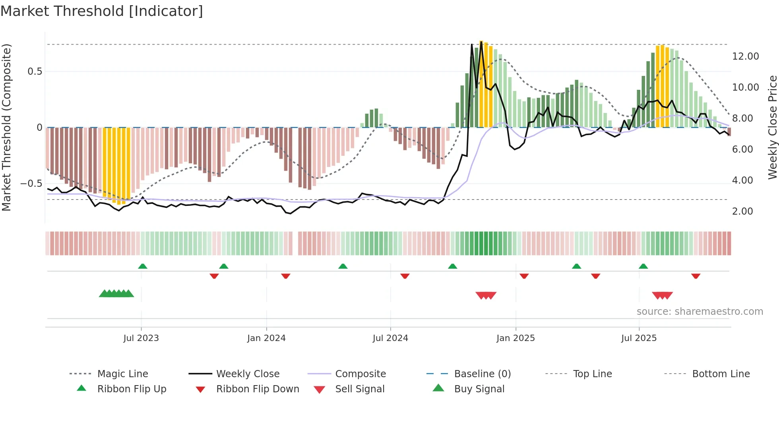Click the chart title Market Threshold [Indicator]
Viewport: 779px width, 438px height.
[x=102, y=11]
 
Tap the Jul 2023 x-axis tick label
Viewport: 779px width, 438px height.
[x=141, y=338]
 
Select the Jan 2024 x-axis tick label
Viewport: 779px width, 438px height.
[x=266, y=338]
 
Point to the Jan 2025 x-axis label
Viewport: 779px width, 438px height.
[x=515, y=338]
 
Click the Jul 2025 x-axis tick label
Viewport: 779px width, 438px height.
[x=639, y=338]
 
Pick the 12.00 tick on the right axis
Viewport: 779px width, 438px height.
[x=745, y=56]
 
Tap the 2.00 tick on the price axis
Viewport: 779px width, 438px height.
[x=742, y=211]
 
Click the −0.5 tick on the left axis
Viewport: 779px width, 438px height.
[x=31, y=184]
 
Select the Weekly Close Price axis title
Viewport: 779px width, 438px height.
[x=772, y=127]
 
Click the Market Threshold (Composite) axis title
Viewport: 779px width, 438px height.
[x=6, y=127]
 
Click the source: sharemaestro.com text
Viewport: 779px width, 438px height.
[x=700, y=312]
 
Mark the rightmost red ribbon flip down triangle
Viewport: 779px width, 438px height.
[x=696, y=276]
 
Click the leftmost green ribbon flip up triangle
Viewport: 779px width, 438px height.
[x=143, y=266]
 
